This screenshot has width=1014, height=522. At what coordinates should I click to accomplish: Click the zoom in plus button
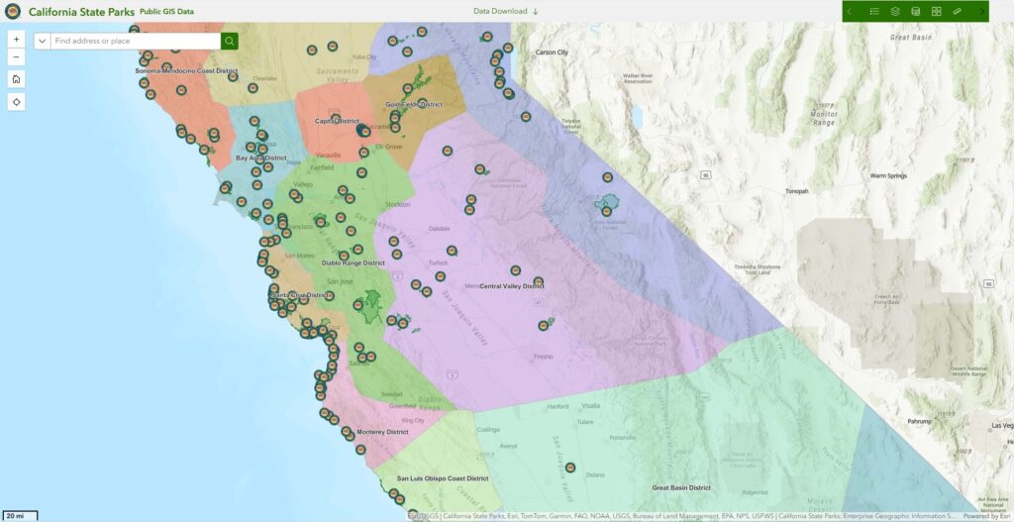pyautogui.click(x=16, y=41)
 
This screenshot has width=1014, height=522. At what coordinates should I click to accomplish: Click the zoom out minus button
pyautogui.click(x=16, y=57)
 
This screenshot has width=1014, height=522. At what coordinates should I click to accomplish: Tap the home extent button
pyautogui.click(x=16, y=79)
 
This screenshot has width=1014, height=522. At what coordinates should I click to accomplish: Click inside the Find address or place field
pyautogui.click(x=134, y=41)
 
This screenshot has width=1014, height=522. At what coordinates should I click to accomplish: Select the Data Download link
pyautogui.click(x=506, y=11)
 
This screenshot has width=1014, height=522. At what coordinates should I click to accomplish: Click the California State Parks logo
pyautogui.click(x=12, y=11)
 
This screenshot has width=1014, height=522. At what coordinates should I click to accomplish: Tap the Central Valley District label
pyautogui.click(x=512, y=285)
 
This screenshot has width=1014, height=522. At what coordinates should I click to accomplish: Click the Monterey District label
pyautogui.click(x=383, y=432)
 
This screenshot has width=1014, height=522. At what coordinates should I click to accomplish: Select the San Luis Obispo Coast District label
pyautogui.click(x=443, y=478)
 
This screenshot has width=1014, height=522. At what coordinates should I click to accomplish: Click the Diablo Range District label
pyautogui.click(x=354, y=263)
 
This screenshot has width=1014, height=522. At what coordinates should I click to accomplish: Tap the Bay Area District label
pyautogui.click(x=260, y=157)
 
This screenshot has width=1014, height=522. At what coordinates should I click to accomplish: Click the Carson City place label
pyautogui.click(x=552, y=52)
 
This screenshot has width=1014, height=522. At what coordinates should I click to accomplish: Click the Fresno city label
pyautogui.click(x=543, y=356)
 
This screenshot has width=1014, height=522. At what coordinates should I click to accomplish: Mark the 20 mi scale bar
pyautogui.click(x=20, y=516)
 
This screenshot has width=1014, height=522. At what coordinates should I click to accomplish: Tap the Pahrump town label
pyautogui.click(x=920, y=421)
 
